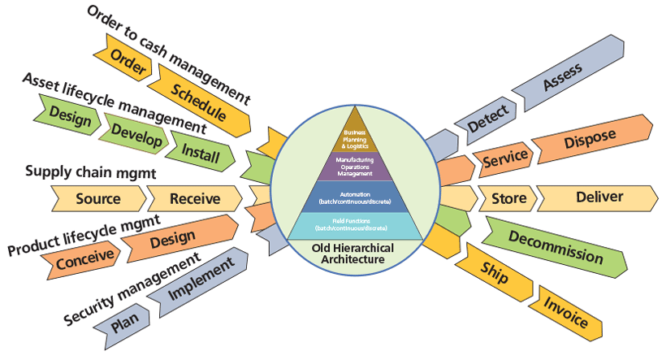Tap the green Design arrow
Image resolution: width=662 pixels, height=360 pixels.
[70, 115]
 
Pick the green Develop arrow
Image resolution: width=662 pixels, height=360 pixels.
[133, 132]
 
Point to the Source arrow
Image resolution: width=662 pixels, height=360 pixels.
[98, 198]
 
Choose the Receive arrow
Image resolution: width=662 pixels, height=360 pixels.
[195, 198]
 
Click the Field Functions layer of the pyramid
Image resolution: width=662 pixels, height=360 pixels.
[354, 224]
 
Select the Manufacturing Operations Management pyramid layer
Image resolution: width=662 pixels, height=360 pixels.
[355, 167]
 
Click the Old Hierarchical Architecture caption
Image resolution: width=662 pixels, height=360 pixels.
[355, 254]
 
